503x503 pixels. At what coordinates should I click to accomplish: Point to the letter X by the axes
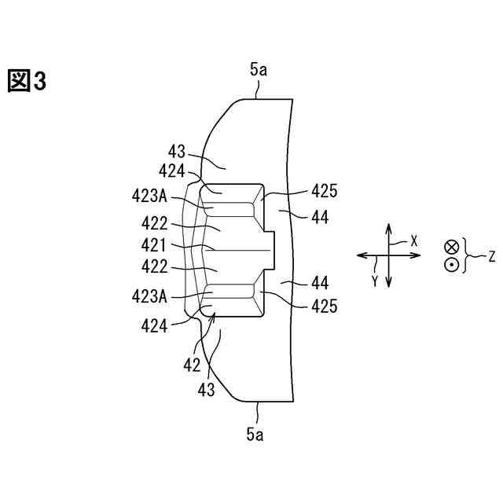[414, 240]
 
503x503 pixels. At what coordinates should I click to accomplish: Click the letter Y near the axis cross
[376, 280]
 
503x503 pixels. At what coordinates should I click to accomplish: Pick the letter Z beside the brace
[492, 256]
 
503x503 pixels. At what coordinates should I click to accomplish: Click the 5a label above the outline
[259, 70]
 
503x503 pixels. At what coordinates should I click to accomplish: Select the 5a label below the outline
[255, 433]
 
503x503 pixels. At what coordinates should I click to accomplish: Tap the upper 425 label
[325, 190]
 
